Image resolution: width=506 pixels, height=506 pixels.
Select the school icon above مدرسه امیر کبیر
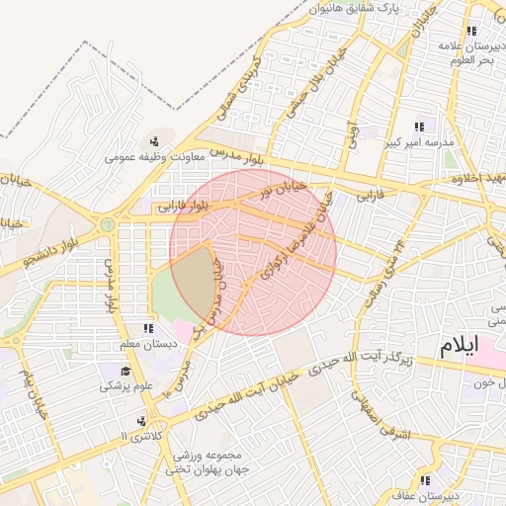click(x=419, y=126)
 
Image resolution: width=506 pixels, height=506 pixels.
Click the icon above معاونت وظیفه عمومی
click(x=154, y=140)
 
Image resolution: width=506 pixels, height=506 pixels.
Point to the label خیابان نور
click(x=284, y=186)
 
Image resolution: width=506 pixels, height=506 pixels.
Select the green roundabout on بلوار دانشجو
click(x=107, y=225)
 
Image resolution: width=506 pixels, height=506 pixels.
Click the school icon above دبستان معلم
click(x=148, y=328)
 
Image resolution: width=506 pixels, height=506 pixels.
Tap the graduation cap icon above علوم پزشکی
click(x=126, y=371)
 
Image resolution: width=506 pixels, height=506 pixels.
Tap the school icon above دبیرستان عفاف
click(x=426, y=481)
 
